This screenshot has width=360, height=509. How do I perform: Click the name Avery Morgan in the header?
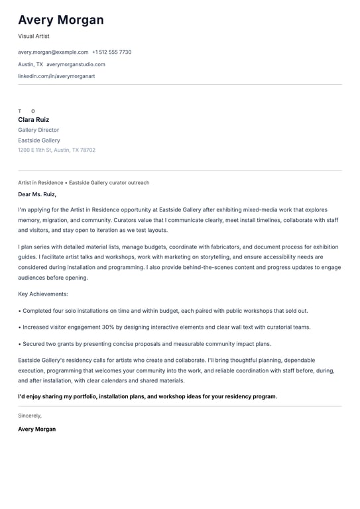[x=61, y=20]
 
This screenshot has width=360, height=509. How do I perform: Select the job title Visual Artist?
[x=34, y=36]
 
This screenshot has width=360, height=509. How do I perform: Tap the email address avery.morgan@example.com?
[x=53, y=52]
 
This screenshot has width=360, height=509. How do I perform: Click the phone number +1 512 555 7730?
[x=111, y=52]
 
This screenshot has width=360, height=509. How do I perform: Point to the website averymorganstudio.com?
[x=76, y=64]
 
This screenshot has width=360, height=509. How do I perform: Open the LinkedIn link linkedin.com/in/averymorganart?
[x=56, y=76]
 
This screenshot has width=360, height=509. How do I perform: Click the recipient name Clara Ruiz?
[x=34, y=120]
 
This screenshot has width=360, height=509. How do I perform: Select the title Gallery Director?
[x=38, y=130]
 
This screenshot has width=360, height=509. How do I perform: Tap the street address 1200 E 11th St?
[x=34, y=150]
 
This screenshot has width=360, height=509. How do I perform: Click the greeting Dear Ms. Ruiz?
[x=37, y=194]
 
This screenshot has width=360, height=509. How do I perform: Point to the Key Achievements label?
[x=43, y=294]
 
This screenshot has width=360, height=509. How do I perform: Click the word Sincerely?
[x=30, y=416]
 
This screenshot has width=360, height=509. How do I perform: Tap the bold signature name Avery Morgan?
[x=37, y=429]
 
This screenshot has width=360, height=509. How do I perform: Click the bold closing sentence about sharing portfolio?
[x=147, y=396]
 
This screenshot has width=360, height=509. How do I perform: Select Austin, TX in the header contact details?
[x=30, y=64]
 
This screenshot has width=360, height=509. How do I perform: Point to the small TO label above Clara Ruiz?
[x=27, y=111]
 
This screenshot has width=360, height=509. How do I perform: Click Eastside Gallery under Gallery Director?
[x=39, y=141]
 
